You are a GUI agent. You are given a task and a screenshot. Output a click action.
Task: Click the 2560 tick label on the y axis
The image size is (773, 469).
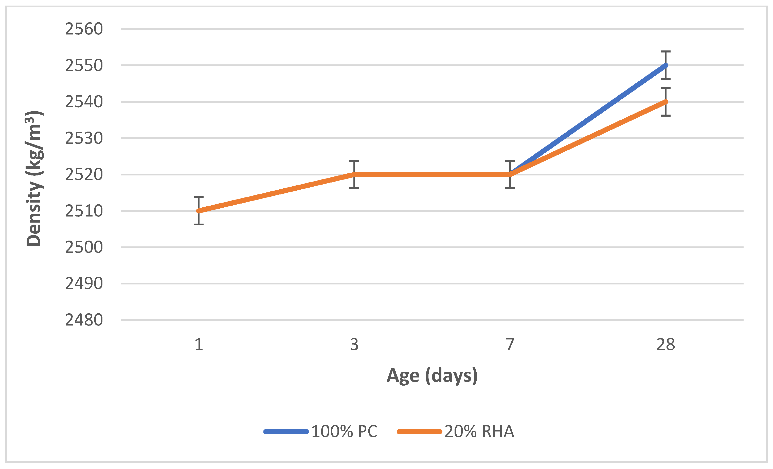coord(84,29)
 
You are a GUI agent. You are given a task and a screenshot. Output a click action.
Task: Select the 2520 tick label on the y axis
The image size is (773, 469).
coord(84,174)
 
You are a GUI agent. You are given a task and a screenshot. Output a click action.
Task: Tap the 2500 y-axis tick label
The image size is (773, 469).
coord(84,247)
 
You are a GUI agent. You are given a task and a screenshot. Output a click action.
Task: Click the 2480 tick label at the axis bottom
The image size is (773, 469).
coord(84,320)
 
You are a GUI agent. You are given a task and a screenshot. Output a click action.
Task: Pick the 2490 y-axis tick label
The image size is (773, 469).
coord(84,284)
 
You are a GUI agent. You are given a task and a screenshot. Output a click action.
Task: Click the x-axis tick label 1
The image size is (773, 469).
coord(199,345)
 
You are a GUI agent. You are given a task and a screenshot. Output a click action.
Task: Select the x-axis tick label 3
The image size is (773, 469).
coord(354,345)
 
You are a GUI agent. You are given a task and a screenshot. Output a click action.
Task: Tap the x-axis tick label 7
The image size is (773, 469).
coord(510,345)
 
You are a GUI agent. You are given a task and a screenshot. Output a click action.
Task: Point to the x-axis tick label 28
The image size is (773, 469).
coord(666,345)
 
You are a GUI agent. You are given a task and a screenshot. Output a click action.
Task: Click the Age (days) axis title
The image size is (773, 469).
coord(432,375)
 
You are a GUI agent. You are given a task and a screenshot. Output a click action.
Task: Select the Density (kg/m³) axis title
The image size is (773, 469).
coord(34,179)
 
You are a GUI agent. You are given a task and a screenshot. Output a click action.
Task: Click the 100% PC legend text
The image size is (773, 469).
coord(344,431)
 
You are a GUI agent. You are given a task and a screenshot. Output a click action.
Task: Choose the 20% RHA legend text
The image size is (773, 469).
coord(479,431)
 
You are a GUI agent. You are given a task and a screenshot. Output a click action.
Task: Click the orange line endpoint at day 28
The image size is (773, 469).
coord(666,102)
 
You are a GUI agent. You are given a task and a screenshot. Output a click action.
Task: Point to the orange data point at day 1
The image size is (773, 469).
coord(199,211)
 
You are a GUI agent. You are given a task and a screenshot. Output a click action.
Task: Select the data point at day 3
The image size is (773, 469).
coord(354,174)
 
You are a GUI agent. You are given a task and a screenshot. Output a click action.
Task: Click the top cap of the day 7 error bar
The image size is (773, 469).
coord(510,161)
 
